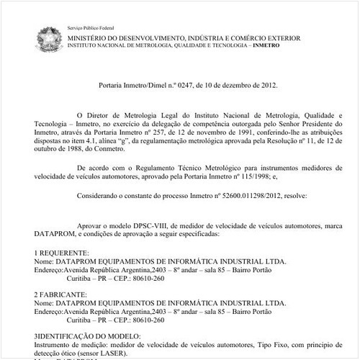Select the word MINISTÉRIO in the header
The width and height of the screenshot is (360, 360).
tap(91, 35)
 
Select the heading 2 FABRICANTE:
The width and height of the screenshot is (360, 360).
tap(60, 296)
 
